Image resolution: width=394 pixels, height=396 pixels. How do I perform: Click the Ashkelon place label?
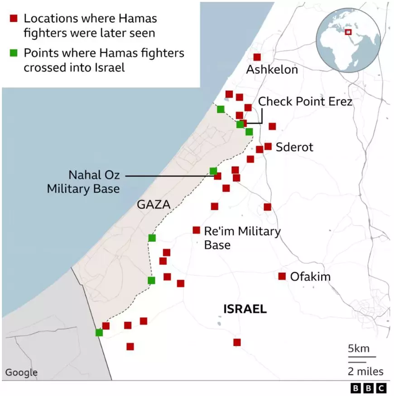(x=272, y=70)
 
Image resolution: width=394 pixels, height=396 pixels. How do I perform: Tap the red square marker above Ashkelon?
(x=257, y=57)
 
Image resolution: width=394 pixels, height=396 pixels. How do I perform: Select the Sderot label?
(x=294, y=147)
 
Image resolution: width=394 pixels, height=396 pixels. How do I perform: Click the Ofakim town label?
(x=310, y=276)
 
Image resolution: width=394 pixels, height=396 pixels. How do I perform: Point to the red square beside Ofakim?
(x=282, y=276)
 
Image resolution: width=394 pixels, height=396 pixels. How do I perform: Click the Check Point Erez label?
(x=305, y=101)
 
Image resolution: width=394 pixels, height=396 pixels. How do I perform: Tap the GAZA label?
(x=154, y=205)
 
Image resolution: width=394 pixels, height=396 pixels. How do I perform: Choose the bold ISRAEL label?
(x=245, y=309)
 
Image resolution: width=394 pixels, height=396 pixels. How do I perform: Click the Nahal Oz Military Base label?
(x=83, y=181)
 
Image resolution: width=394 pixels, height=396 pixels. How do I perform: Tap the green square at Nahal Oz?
(x=213, y=171)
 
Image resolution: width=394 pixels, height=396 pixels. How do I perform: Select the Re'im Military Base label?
(x=242, y=238)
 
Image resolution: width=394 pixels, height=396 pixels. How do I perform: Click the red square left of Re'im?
(x=196, y=230)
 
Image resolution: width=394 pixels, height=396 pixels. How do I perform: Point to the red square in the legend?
(x=14, y=19)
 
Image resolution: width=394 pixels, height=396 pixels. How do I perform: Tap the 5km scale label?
(x=359, y=349)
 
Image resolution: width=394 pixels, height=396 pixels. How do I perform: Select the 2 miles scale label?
(x=365, y=372)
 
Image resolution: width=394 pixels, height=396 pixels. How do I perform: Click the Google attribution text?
(x=21, y=372)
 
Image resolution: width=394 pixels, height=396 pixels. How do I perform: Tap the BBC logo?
(x=369, y=388)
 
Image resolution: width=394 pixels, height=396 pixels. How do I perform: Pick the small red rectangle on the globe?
(x=348, y=32)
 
